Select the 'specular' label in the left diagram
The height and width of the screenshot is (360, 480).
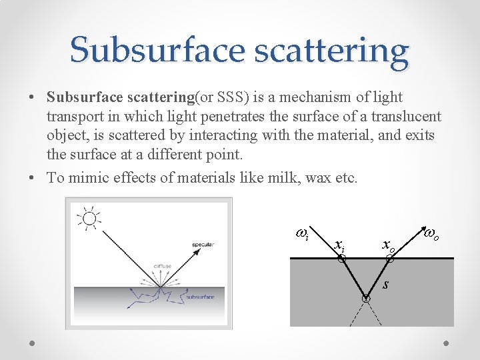tap(203, 245)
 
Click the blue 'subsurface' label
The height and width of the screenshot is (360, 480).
tap(200, 297)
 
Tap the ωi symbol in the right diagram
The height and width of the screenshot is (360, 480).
tap(301, 234)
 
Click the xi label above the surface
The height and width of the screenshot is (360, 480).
tap(339, 245)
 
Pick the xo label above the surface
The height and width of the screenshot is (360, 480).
tap(388, 245)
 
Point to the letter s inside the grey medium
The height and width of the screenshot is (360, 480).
tap(386, 285)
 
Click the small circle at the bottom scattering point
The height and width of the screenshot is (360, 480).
tap(365, 299)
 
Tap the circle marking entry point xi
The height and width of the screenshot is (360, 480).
tap(341, 259)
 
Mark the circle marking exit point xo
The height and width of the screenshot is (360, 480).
tap(391, 259)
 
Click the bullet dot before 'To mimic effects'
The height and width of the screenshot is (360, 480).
tap(33, 178)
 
